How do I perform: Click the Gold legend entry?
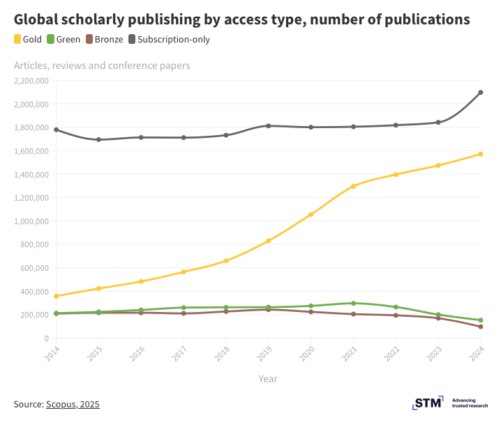[28, 40]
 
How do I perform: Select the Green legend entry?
[64, 40]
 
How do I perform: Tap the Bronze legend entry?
[105, 40]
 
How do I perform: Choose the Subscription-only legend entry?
[168, 40]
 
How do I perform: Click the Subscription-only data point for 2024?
[481, 93]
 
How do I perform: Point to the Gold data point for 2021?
[353, 187]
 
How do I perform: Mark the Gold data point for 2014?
[56, 297]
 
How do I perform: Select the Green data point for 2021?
[353, 304]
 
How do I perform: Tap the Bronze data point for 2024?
[481, 327]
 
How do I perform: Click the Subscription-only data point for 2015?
[98, 140]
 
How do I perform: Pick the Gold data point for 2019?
[268, 241]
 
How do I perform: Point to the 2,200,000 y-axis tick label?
[31, 81]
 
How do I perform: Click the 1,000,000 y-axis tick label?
[31, 221]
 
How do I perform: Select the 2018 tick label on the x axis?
[221, 354]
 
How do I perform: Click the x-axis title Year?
[268, 379]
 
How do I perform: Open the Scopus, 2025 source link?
[73, 404]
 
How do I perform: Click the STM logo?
[428, 403]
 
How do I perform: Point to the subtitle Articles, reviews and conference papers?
[102, 66]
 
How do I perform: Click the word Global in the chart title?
[36, 19]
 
